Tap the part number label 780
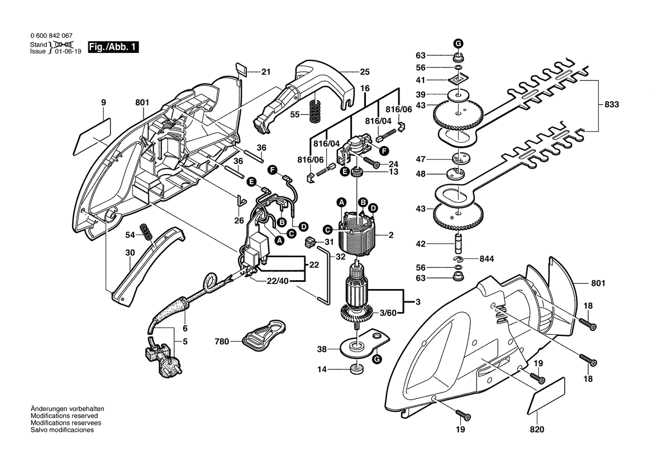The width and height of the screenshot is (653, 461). [222, 341]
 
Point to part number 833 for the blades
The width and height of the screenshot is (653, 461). [612, 104]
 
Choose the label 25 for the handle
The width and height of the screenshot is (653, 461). [365, 72]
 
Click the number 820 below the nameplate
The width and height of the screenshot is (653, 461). [536, 430]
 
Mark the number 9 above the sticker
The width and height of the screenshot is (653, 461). [103, 103]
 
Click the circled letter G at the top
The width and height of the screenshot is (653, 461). [457, 44]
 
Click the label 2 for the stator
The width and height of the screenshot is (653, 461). [391, 236]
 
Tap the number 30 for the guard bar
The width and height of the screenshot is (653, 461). [130, 252]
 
